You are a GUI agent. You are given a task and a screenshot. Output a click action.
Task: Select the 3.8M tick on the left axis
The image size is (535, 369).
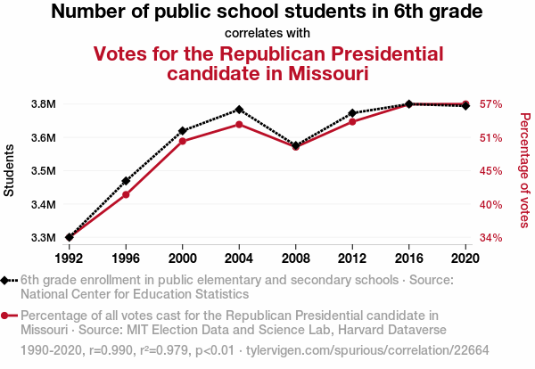[44, 104]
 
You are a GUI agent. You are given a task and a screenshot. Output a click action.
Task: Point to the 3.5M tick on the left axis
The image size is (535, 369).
[44, 171]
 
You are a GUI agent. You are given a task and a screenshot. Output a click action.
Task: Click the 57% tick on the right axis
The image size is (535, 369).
[490, 104]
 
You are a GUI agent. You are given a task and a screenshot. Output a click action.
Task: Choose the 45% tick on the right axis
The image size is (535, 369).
[490, 171]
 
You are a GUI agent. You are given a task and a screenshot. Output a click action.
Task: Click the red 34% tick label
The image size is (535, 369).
[490, 238]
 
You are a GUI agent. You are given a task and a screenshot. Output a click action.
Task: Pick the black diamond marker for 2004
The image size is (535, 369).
[239, 110]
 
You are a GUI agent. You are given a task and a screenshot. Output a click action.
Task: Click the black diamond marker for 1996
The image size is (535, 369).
[126, 181]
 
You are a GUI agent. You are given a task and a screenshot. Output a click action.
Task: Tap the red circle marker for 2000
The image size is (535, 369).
[183, 141]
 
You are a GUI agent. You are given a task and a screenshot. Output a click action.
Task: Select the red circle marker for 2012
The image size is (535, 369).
[352, 121]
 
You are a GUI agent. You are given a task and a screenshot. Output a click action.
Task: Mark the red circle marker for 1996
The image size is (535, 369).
[126, 194]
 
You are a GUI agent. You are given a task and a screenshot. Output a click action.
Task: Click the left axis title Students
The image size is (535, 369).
[10, 171]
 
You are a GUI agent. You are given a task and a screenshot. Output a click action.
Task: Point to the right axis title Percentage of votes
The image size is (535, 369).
[524, 169]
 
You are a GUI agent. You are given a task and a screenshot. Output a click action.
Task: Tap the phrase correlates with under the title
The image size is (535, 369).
[267, 34]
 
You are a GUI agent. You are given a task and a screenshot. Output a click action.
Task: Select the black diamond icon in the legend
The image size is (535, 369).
[6, 280]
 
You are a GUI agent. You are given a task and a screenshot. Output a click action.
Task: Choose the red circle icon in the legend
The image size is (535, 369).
[6, 316]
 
